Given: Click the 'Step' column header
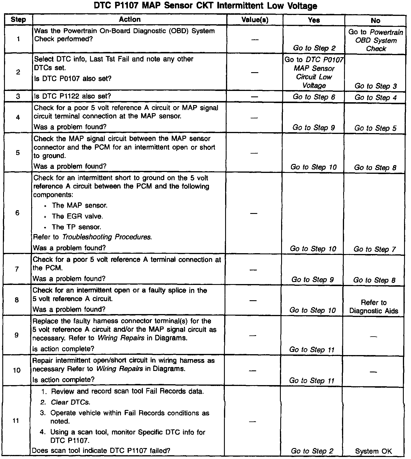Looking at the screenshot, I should point(18,20).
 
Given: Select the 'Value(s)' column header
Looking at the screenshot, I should point(255,20).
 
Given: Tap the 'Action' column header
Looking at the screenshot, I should point(130,19).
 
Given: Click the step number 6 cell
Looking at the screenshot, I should point(17,213).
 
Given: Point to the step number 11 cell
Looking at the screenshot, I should point(16,421).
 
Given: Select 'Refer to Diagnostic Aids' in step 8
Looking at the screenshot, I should point(373,307).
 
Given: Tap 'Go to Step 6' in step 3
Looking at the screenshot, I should point(314,97).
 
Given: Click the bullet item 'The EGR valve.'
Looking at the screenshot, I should point(77,216).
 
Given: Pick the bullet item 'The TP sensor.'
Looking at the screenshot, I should point(76,227).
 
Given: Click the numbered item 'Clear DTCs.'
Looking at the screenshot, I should point(70,402).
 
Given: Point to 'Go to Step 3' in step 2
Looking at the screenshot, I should point(375,86).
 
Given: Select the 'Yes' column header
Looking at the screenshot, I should point(314,20).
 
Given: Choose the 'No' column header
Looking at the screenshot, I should point(375,20).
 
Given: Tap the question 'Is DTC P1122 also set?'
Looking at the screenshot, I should point(72,96).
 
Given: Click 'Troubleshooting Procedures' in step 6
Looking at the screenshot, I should point(107,237).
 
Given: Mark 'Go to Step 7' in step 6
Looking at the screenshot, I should point(374,249).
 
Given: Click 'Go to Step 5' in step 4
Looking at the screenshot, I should point(375,128).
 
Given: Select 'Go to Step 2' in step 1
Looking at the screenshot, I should point(314,48).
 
